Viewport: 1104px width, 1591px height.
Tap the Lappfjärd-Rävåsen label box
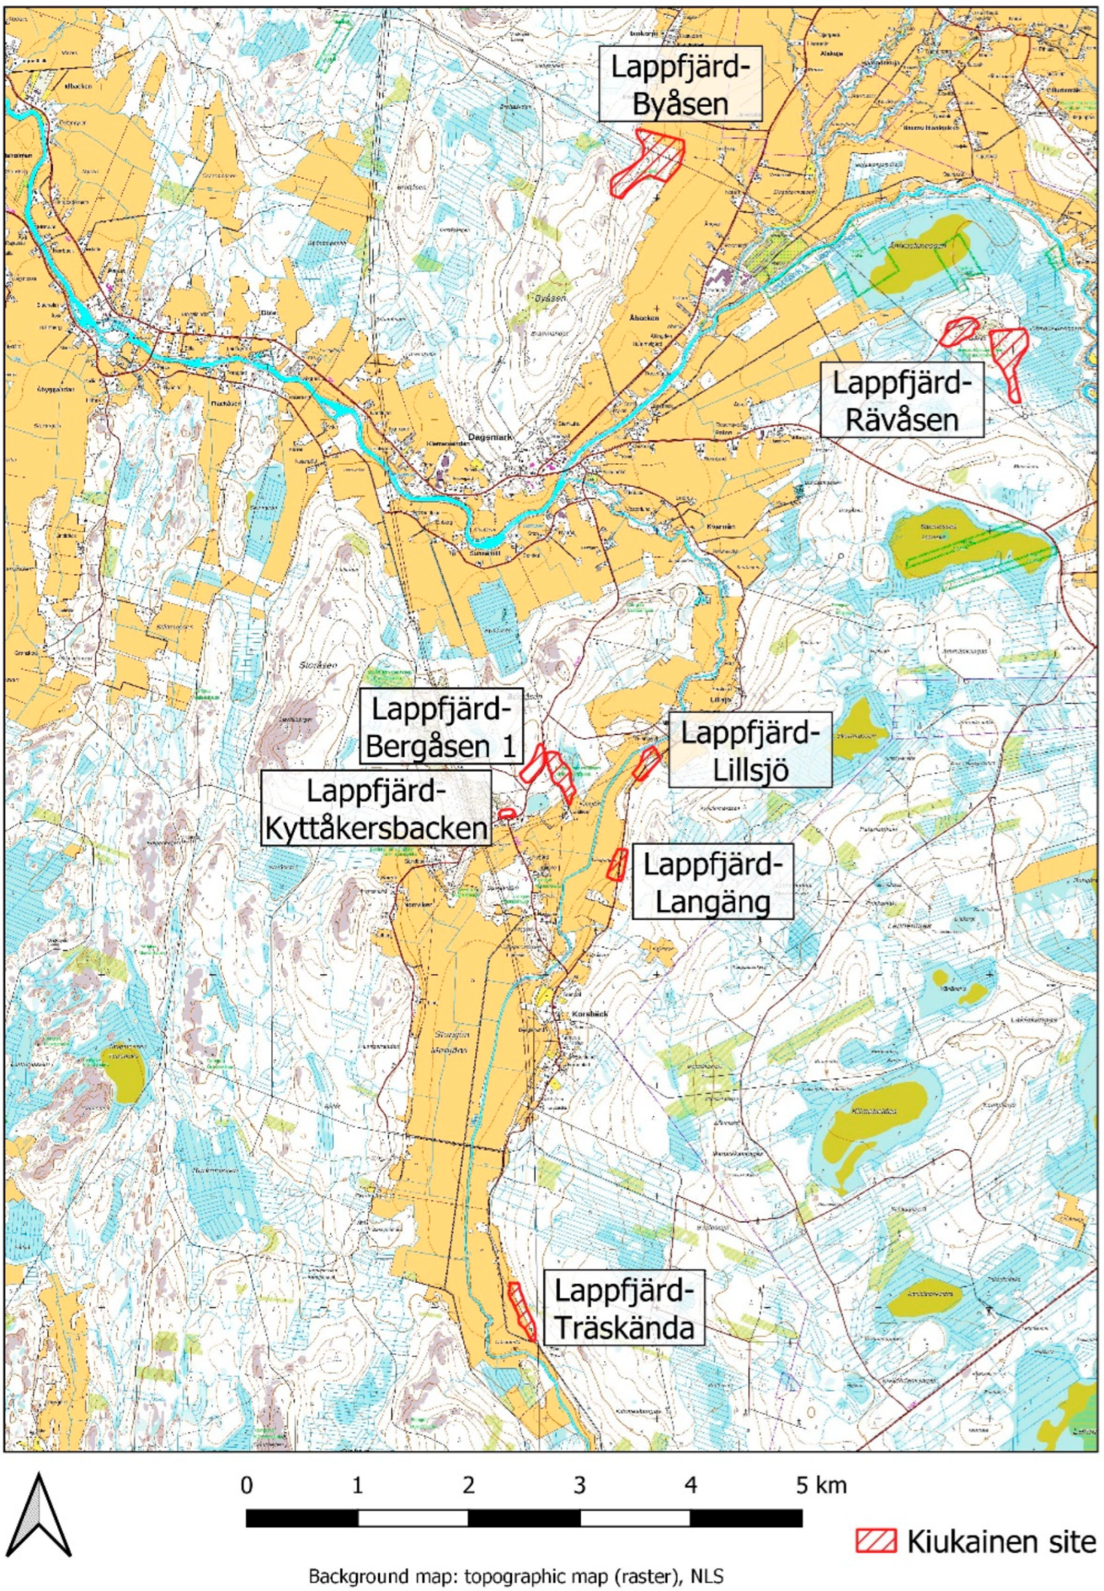point(902,401)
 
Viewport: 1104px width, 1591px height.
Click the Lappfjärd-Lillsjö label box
point(749,751)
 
